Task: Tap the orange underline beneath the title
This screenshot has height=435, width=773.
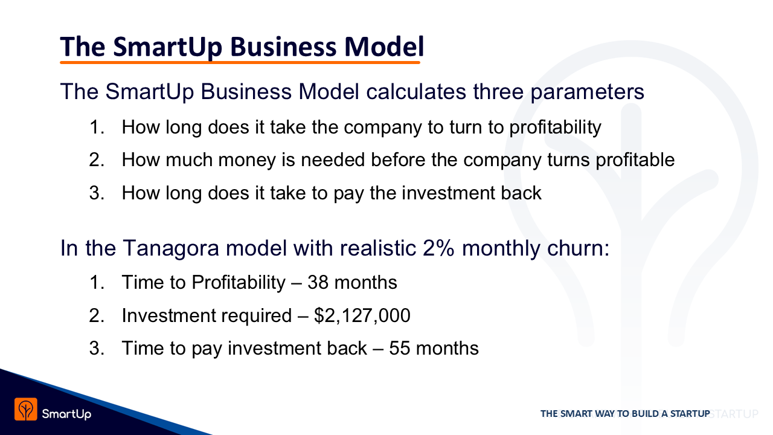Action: [x=240, y=62]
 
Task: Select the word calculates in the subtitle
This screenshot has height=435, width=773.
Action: [x=416, y=91]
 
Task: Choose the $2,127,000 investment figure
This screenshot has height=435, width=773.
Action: [x=362, y=315]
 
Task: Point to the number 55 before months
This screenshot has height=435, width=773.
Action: [x=400, y=348]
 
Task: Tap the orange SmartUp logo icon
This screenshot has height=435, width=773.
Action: [x=26, y=410]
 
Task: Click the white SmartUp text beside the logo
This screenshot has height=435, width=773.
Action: [x=66, y=414]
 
